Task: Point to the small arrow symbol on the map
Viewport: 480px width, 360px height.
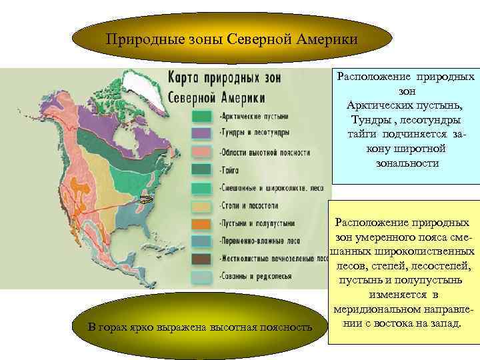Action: point(146,199)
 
